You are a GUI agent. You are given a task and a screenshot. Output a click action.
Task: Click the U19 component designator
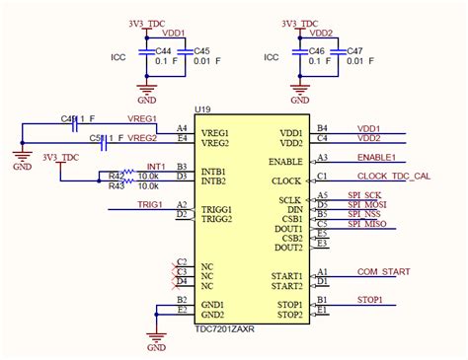202,109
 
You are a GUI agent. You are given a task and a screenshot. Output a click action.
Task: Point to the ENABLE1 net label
376,157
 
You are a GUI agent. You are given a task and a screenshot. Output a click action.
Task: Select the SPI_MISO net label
370,223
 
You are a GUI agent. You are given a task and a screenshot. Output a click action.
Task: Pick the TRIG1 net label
150,204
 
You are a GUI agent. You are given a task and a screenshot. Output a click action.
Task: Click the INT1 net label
155,166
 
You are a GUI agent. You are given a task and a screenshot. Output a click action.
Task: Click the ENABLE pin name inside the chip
285,161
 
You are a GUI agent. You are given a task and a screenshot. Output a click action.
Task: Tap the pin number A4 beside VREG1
182,128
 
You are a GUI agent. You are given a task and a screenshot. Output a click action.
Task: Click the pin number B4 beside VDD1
322,127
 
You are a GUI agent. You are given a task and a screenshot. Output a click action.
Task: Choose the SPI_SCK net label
366,194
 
